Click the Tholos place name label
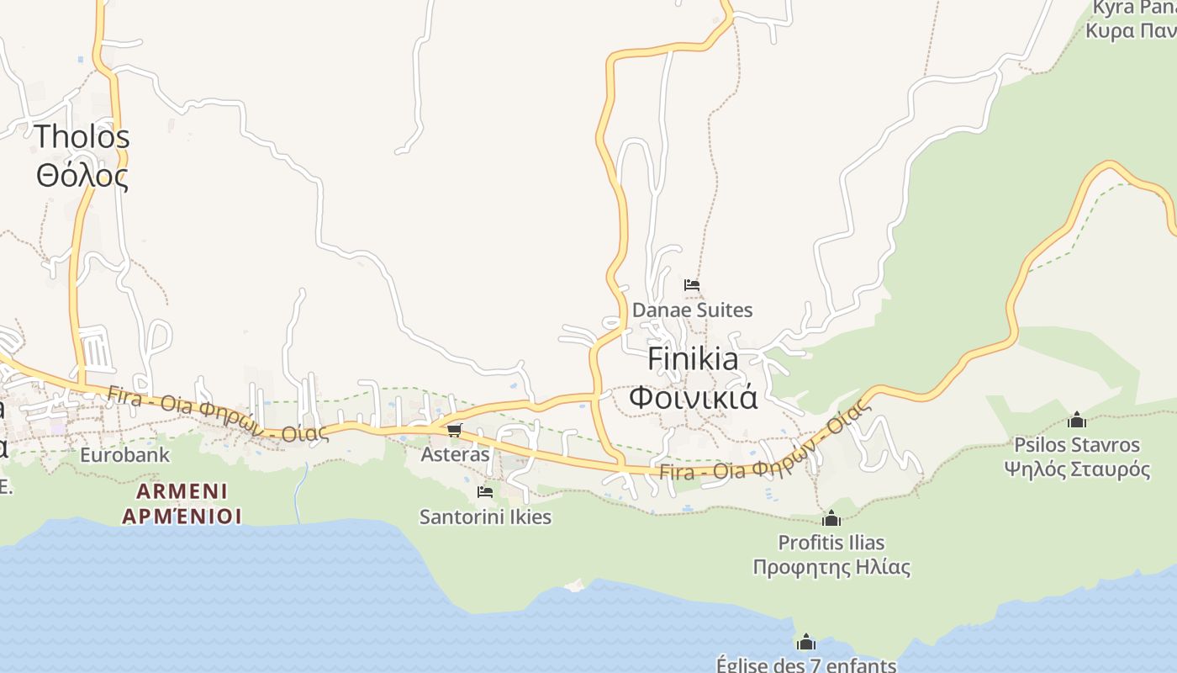pyautogui.click(x=82, y=136)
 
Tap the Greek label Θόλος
pyautogui.click(x=82, y=176)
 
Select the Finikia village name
pyautogui.click(x=694, y=359)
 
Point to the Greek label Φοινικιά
pyautogui.click(x=694, y=396)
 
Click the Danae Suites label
pyautogui.click(x=692, y=310)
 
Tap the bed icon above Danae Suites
pyautogui.click(x=692, y=285)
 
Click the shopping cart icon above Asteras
pyautogui.click(x=454, y=431)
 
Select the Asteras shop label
pyautogui.click(x=455, y=454)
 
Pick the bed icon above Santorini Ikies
pyautogui.click(x=485, y=492)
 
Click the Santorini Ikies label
pyautogui.click(x=485, y=517)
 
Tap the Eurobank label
pyautogui.click(x=124, y=455)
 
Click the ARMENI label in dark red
pyautogui.click(x=182, y=490)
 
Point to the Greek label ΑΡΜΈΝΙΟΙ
pyautogui.click(x=182, y=515)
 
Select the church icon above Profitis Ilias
pyautogui.click(x=831, y=518)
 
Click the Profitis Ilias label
pyautogui.click(x=831, y=542)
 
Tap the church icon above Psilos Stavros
pyautogui.click(x=1077, y=420)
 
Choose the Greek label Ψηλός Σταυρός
pyautogui.click(x=1077, y=469)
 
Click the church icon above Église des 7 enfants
pyautogui.click(x=806, y=643)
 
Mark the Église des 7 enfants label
pyautogui.click(x=806, y=665)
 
